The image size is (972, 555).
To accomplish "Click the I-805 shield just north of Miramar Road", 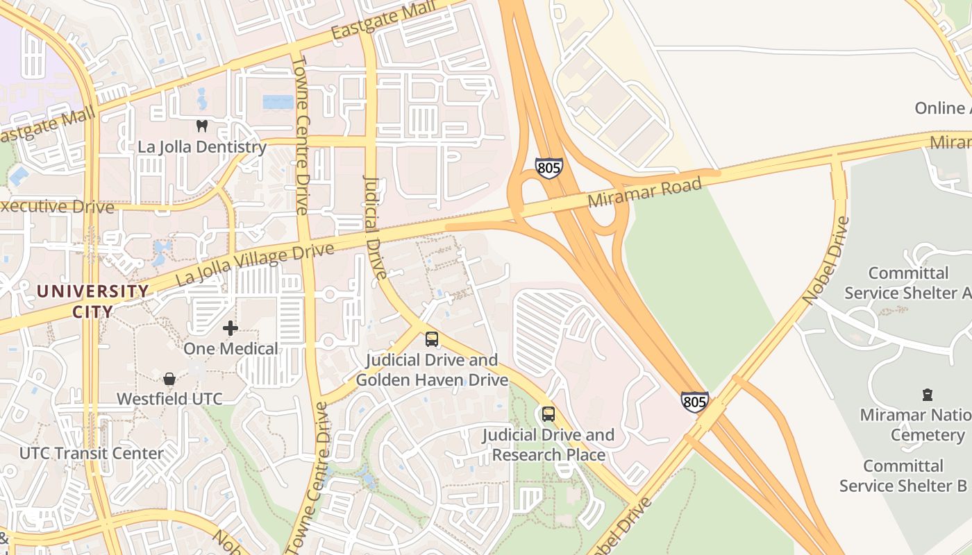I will tap(548, 168).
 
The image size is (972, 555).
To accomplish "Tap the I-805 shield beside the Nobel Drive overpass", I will tap(694, 402).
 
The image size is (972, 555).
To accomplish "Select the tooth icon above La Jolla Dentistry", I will tap(202, 126).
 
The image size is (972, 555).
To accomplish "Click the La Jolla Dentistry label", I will tap(202, 147).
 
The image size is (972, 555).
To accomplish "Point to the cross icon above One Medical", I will tap(231, 328).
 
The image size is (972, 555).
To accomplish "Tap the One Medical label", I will tap(231, 348).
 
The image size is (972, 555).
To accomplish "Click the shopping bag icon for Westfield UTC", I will tap(169, 379).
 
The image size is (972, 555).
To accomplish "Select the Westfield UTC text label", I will tap(169, 399).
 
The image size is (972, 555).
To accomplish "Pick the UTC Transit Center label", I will tap(92, 454).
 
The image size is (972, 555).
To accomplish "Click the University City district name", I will tap(93, 301).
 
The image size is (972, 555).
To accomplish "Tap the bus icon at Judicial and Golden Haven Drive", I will tap(432, 339).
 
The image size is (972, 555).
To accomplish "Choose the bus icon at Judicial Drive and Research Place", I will tap(548, 414).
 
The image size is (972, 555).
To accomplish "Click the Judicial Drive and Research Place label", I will tap(548, 445).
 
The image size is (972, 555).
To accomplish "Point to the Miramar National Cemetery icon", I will tap(927, 395).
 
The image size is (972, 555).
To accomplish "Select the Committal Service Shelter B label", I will tap(903, 475).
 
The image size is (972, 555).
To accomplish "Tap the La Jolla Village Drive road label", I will tap(255, 264).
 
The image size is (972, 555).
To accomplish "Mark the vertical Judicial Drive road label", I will tap(374, 226).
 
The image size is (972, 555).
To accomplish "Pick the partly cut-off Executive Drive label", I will tap(56, 207).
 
